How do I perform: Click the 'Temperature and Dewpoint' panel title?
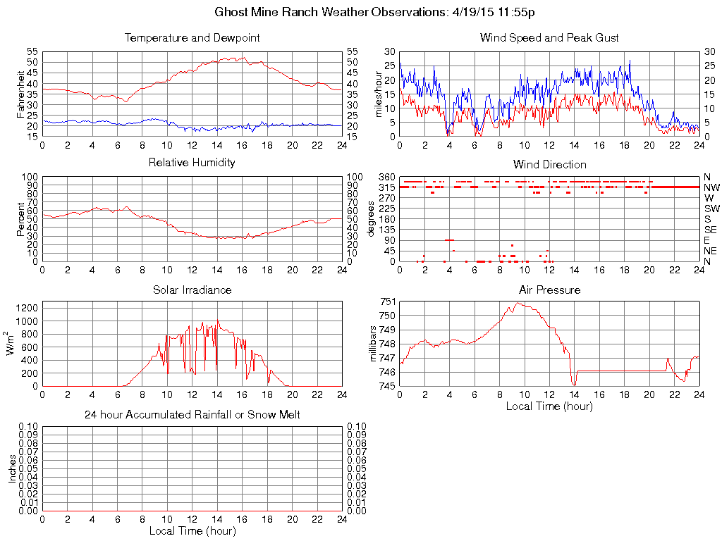[192, 37]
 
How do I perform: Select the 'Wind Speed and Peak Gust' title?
[549, 37]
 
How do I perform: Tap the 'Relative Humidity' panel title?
[192, 163]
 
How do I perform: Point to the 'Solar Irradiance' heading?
[192, 290]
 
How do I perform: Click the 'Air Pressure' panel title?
[549, 290]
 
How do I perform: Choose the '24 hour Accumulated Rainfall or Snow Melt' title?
[192, 415]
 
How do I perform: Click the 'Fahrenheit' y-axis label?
[21, 94]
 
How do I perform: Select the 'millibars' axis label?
[374, 344]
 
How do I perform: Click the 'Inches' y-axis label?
[12, 468]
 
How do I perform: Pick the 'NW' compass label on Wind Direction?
[711, 187]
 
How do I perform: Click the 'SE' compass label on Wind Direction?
[711, 230]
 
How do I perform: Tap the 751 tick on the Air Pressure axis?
[388, 301]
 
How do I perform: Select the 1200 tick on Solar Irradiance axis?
[26, 308]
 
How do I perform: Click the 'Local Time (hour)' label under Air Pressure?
[549, 406]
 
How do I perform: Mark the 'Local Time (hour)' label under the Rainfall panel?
[192, 530]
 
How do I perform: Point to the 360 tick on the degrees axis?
[388, 176]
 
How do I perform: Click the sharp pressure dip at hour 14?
[575, 384]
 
